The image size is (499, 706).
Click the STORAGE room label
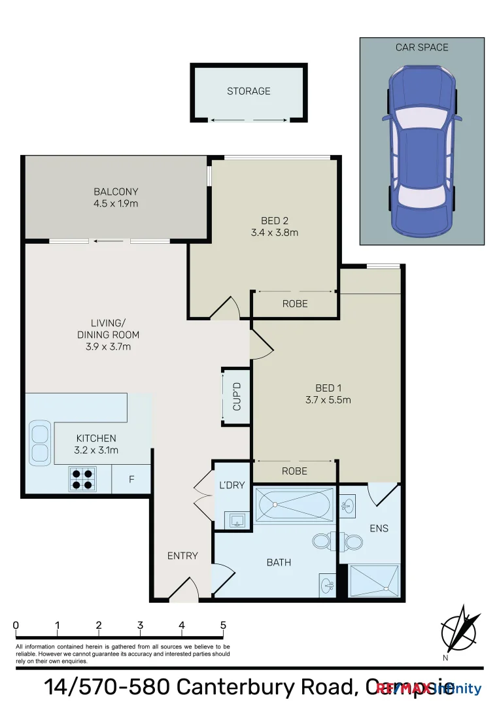(249, 92)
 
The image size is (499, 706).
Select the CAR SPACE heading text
(422, 48)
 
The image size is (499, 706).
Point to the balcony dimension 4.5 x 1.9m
(116, 204)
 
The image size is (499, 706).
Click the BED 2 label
(274, 221)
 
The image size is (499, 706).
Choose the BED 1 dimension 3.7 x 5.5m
(328, 400)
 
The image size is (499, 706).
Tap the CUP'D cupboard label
(237, 397)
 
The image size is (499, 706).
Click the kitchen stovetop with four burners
(82, 479)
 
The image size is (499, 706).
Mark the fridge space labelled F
(131, 479)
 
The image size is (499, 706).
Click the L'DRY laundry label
(232, 485)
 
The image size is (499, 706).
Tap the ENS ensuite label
(379, 528)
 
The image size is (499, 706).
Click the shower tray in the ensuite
(373, 580)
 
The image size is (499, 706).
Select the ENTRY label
(182, 556)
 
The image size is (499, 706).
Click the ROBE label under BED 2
(295, 304)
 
